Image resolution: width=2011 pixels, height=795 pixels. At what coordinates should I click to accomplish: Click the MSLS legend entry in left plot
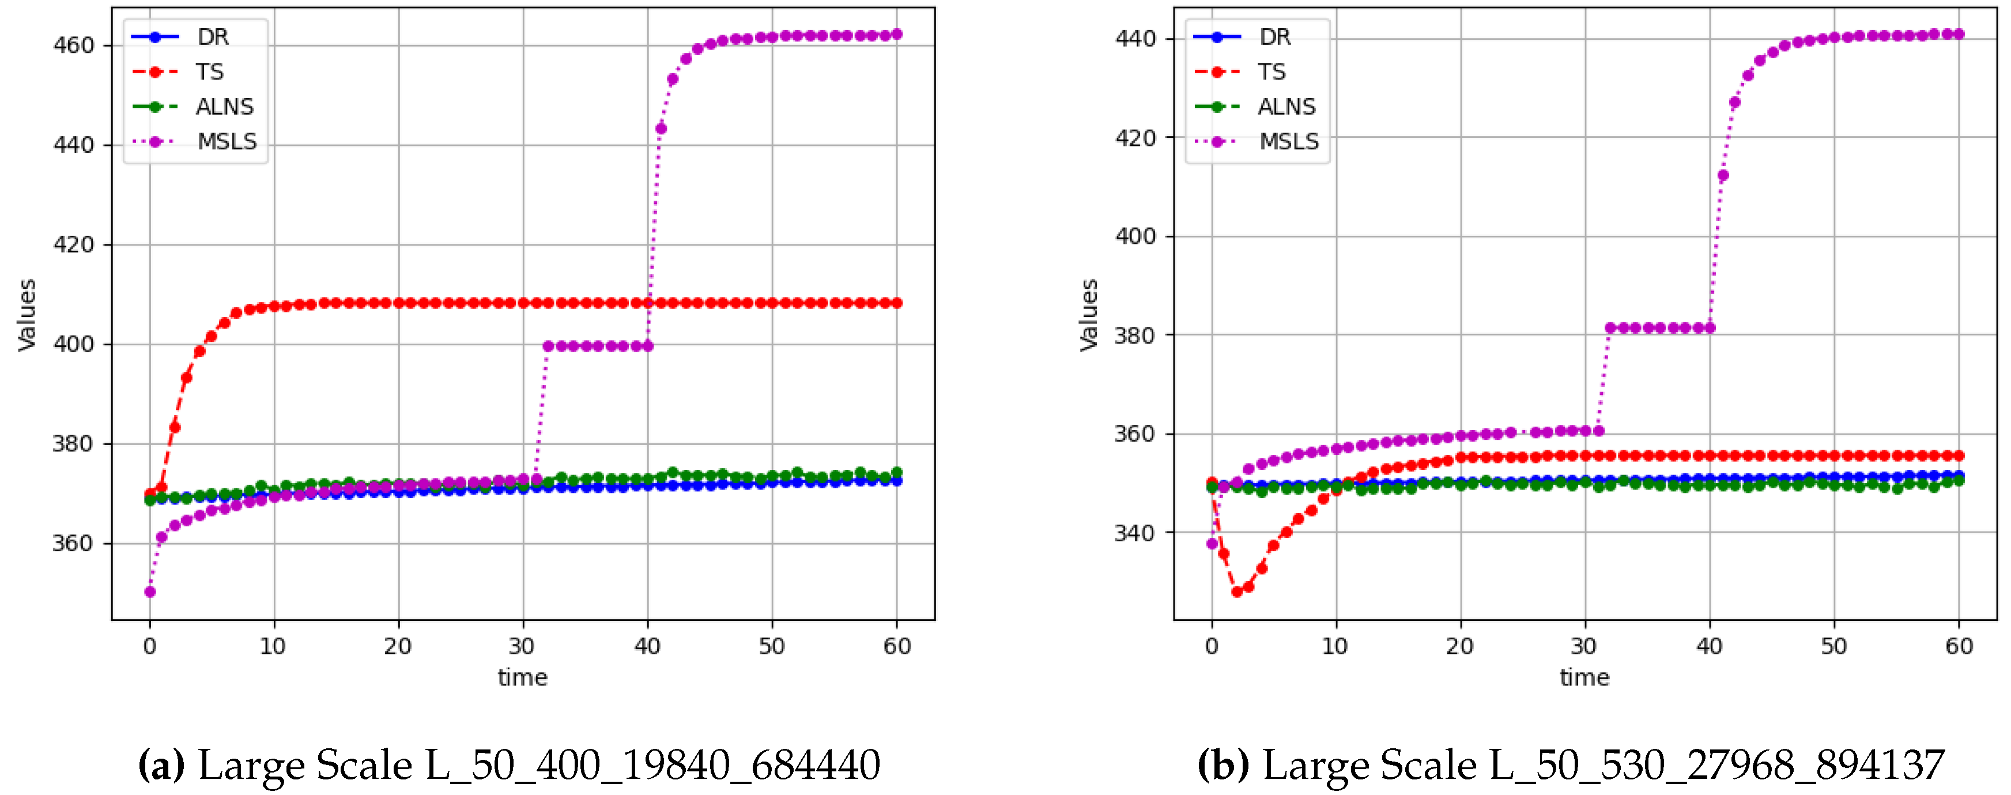tap(227, 141)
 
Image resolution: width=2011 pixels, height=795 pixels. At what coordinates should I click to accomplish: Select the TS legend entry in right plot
tap(1271, 72)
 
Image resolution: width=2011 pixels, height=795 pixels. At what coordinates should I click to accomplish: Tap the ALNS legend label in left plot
tap(225, 106)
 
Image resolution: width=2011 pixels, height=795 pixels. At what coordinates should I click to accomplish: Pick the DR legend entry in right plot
tap(1274, 37)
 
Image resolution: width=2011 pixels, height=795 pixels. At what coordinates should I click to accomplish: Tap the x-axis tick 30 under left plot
tap(522, 647)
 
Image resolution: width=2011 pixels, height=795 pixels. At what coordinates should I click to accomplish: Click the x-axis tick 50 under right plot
tap(1834, 647)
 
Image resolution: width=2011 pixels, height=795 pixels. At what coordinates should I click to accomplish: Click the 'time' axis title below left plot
tap(522, 677)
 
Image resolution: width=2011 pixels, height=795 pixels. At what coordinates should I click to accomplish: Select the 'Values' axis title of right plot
tap(1089, 315)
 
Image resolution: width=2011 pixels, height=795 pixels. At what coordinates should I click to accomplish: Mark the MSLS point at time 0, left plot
tap(150, 591)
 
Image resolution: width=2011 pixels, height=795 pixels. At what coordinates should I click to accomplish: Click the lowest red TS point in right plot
tap(1236, 591)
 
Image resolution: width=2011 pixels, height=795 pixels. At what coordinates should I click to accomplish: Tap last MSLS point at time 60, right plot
tap(1959, 33)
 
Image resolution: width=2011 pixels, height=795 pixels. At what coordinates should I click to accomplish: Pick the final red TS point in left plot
tap(897, 303)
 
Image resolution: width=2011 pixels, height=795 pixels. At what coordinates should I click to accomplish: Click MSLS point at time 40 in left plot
tap(647, 346)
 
